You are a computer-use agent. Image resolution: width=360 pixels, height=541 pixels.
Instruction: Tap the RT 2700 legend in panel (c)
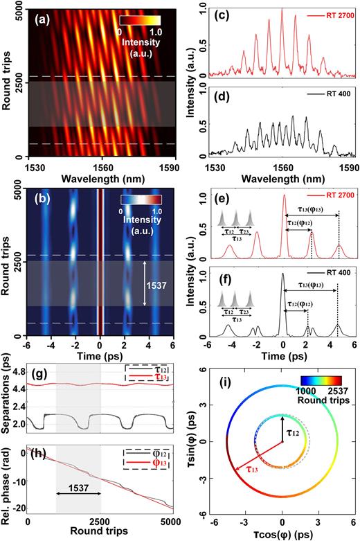pyautogui.click(x=330, y=13)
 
